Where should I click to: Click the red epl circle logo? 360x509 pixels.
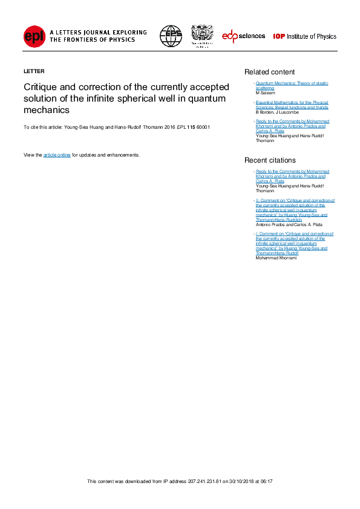[x=34, y=36]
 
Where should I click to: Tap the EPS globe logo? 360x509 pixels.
[x=171, y=36]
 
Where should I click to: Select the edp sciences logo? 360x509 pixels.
[x=243, y=36]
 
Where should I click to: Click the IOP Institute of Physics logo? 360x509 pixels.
[x=304, y=36]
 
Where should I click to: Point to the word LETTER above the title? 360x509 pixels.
[x=34, y=71]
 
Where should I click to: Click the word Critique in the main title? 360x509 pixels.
[x=39, y=87]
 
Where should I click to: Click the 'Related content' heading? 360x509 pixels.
[x=269, y=72]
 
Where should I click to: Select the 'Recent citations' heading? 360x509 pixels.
[x=270, y=160]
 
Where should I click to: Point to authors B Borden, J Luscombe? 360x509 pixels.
[x=277, y=112]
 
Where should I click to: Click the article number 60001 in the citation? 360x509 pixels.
[x=203, y=128]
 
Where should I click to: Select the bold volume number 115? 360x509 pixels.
[x=191, y=128]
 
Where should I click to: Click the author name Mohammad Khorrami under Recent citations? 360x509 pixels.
[x=277, y=258]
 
